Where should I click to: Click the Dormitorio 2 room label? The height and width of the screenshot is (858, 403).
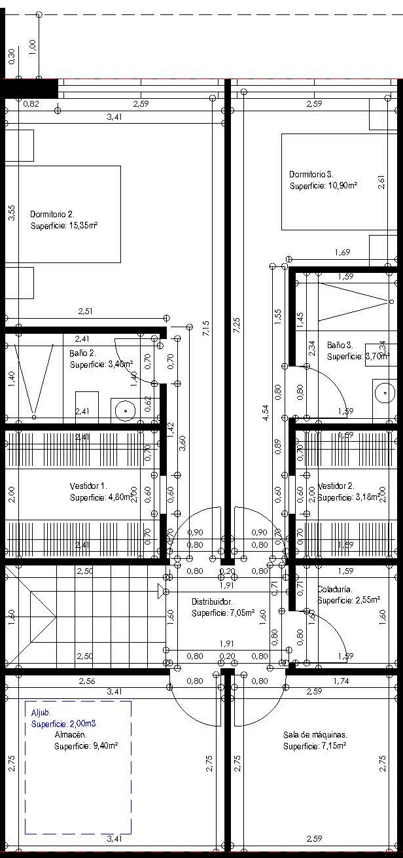[52, 214]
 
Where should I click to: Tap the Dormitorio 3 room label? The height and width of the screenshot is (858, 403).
[311, 175]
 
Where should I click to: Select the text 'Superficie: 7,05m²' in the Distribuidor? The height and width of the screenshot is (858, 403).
[223, 613]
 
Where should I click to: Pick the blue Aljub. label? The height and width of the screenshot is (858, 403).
[41, 712]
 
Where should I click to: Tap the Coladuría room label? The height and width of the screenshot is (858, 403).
[335, 589]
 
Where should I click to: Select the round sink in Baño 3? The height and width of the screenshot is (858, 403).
[385, 393]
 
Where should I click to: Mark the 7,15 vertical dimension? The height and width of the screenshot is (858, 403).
[206, 328]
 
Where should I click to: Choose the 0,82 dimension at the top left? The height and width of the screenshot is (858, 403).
[31, 104]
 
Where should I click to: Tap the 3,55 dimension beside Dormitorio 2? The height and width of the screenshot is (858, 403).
[12, 213]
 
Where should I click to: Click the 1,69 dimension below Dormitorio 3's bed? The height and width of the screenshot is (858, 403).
[342, 253]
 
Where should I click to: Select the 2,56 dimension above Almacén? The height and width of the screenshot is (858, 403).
[86, 681]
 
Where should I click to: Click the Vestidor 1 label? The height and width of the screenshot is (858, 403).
[88, 486]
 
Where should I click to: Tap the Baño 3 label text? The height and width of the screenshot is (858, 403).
[340, 344]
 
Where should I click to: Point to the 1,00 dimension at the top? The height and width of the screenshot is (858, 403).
[33, 46]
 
